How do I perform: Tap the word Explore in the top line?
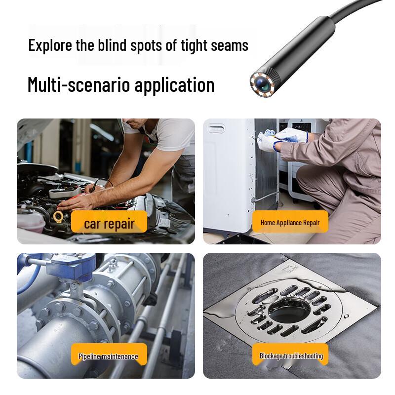(x=48, y=45)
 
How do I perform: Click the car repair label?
(x=109, y=223)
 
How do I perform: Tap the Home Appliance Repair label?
(x=290, y=223)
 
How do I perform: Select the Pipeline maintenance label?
(x=108, y=356)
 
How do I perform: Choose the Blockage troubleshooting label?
(x=291, y=355)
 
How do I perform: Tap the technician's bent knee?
(x=309, y=178)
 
